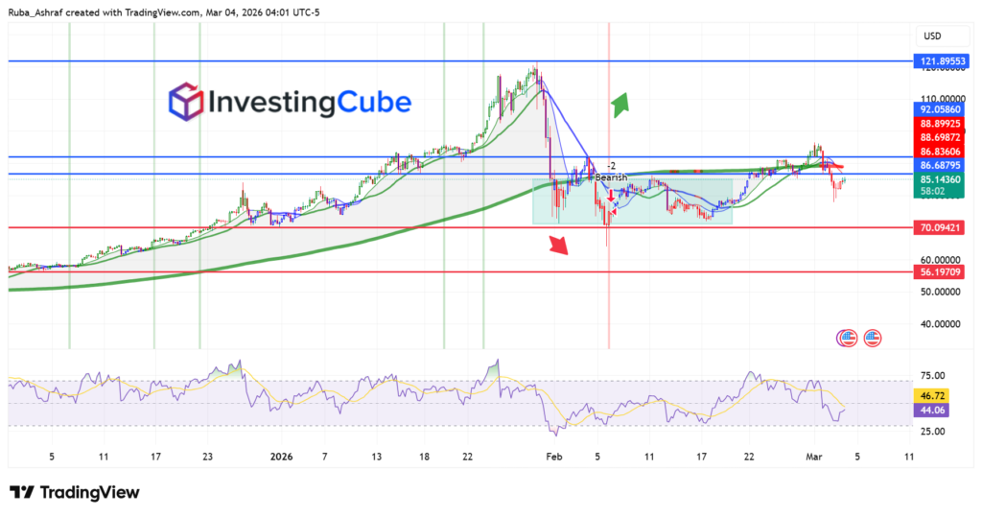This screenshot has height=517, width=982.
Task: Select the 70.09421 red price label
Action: pos(943,228)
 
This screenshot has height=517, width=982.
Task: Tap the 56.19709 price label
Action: pos(943,271)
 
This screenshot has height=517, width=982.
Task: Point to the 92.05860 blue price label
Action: pos(943,110)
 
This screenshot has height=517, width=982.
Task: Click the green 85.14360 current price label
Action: pos(943,178)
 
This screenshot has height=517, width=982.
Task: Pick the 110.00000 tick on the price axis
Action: pos(942,99)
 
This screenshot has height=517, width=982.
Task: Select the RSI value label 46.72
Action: pos(934,394)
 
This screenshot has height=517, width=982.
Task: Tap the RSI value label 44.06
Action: pos(934,411)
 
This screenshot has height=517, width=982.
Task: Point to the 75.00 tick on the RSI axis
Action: pos(934,375)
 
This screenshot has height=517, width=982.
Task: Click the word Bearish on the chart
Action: pos(611,177)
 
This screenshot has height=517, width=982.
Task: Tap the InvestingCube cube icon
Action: pos(186,102)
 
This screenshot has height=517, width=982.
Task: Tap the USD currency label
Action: pos(932,36)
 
